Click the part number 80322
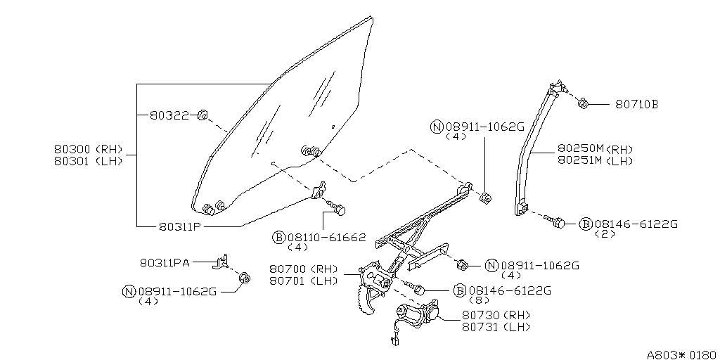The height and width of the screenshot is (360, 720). point(169,115)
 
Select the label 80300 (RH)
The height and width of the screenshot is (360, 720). point(88,149)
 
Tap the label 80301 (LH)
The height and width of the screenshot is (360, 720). point(88,160)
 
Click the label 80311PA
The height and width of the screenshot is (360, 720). point(165,262)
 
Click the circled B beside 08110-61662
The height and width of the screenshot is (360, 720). point(278,238)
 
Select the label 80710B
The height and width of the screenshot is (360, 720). point(636,104)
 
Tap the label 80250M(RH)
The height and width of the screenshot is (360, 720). point(595,149)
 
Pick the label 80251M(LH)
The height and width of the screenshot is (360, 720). point(595,160)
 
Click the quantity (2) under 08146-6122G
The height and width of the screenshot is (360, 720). point(605,234)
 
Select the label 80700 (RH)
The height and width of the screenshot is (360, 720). point(303,269)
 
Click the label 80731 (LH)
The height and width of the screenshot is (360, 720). point(496,327)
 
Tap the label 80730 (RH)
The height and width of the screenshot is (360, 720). point(496,315)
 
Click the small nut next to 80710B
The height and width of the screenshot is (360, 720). point(583,104)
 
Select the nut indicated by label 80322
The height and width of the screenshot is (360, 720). point(202,115)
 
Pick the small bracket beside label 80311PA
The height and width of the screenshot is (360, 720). point(221,262)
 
